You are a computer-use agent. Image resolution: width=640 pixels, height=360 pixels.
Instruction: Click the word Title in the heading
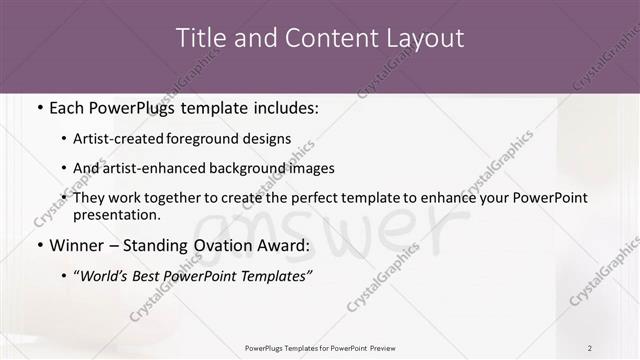coord(200,38)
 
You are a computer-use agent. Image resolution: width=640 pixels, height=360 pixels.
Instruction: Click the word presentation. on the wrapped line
coord(116,214)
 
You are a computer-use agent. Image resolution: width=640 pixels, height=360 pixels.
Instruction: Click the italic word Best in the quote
coord(160,277)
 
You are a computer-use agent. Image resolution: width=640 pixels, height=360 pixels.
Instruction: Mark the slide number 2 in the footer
coord(590,348)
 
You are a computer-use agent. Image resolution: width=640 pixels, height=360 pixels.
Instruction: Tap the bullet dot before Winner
coord(39,244)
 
